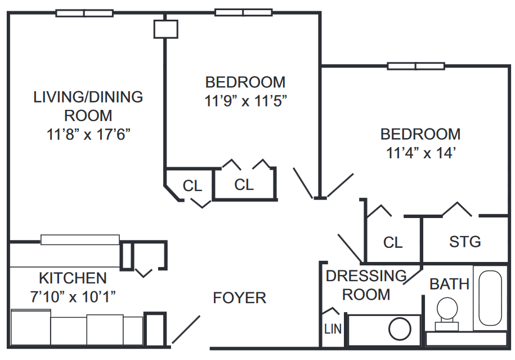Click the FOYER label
pyautogui.click(x=239, y=298)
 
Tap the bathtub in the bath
pyautogui.click(x=490, y=298)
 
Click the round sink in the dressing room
pyautogui.click(x=400, y=329)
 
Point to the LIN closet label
pyautogui.click(x=333, y=329)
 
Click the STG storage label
pyautogui.click(x=465, y=242)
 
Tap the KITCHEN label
pyautogui.click(x=73, y=278)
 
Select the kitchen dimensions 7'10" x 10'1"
pyautogui.click(x=73, y=296)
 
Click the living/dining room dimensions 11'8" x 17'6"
pyautogui.click(x=88, y=134)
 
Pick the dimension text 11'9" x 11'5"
pyautogui.click(x=245, y=101)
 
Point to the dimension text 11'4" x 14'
pyautogui.click(x=420, y=153)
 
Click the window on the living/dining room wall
pyautogui.click(x=84, y=13)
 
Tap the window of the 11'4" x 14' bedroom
pyautogui.click(x=416, y=66)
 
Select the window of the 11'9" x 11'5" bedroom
pyautogui.click(x=243, y=12)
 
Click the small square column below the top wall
pyautogui.click(x=166, y=29)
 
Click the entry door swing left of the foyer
pyautogui.click(x=186, y=329)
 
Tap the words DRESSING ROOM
pyautogui.click(x=366, y=285)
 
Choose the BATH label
pyautogui.click(x=449, y=284)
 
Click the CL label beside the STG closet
pyautogui.click(x=393, y=243)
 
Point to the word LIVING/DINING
pyautogui.click(x=88, y=97)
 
